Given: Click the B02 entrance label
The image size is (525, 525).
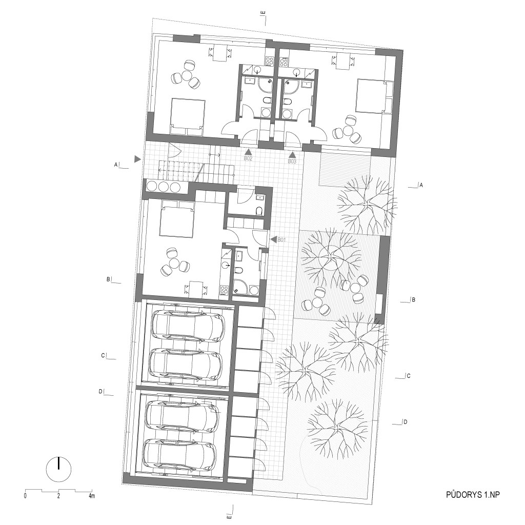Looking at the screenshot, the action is tap(248, 158).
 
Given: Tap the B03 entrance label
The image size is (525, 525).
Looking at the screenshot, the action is tap(292, 161).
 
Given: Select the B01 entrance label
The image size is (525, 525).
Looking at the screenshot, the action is tap(282, 240).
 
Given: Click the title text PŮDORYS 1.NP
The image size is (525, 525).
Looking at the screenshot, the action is tap(473, 495).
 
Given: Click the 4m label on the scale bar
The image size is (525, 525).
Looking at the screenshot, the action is tap(91, 496).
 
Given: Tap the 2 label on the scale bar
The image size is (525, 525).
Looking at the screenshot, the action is tap(58, 496).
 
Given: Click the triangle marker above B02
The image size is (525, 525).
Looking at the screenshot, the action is tap(248, 152).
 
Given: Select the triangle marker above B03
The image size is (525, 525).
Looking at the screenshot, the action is tap(293, 155).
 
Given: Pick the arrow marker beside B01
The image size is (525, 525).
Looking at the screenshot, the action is tap(273, 240).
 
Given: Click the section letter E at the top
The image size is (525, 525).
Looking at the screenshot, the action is tap(264, 13).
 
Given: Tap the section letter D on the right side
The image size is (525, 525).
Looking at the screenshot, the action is tap(405, 422).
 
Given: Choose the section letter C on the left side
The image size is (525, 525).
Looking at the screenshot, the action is tap(103, 356).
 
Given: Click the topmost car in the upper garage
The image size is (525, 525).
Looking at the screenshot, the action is tap(188, 326).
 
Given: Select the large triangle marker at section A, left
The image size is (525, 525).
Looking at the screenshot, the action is tap(137, 159).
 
